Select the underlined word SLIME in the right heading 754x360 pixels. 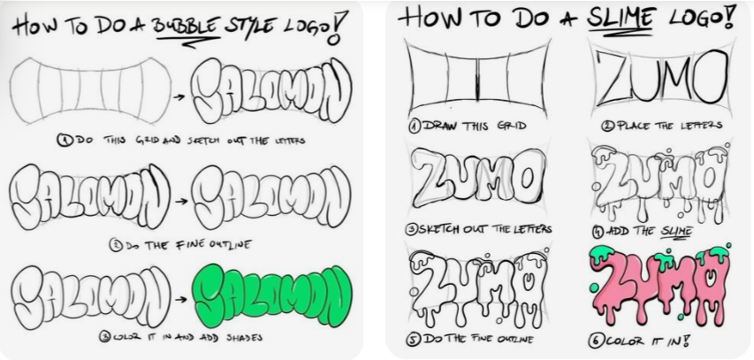click(x=620, y=19)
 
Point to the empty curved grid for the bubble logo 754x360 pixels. click(x=90, y=90)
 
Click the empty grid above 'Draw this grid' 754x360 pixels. click(x=477, y=79)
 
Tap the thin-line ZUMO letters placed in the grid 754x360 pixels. click(x=662, y=78)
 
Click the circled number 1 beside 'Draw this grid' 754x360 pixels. click(x=415, y=126)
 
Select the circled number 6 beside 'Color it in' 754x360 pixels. click(x=595, y=341)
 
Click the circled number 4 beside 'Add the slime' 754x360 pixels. click(x=598, y=232)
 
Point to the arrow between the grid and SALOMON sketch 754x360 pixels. click(x=179, y=96)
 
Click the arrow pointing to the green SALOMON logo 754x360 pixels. click(x=180, y=299)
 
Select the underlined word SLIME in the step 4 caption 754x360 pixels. click(x=676, y=232)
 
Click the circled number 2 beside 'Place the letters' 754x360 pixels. click(x=608, y=126)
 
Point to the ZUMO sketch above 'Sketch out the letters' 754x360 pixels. click(x=478, y=177)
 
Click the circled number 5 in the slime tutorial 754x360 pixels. click(x=414, y=339)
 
